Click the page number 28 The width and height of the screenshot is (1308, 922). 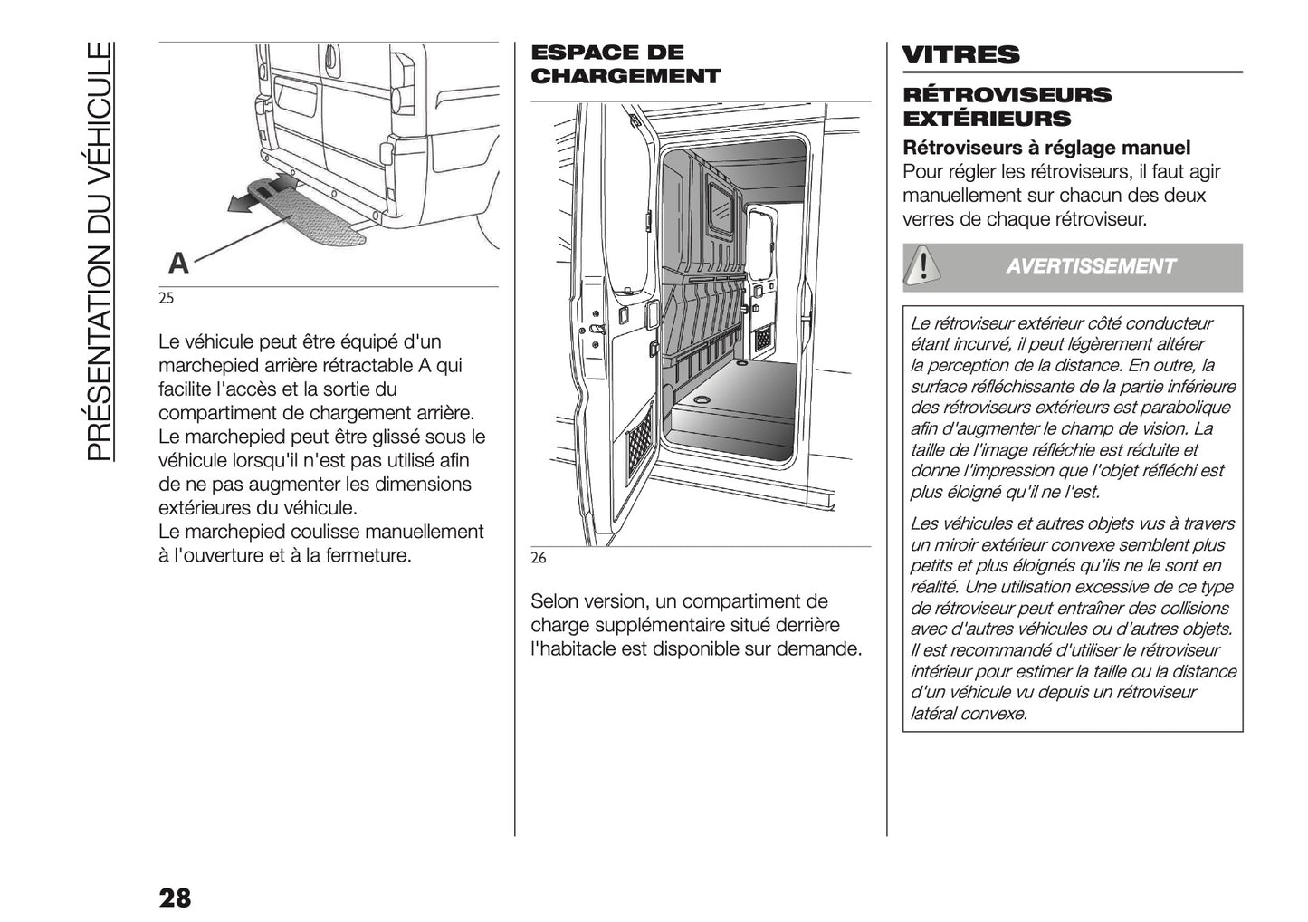point(175,898)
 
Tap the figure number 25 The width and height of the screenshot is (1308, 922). point(166,298)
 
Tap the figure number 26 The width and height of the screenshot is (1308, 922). point(538,558)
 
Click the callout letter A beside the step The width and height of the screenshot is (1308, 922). point(178,264)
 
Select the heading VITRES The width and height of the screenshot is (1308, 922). point(960,55)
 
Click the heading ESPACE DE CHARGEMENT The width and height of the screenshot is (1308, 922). point(625,64)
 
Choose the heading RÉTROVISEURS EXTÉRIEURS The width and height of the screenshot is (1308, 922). point(1007,107)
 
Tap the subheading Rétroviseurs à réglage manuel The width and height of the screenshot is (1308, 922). point(1046,148)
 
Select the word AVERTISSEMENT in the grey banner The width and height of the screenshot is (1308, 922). point(1090,266)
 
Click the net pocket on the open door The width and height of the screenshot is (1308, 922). point(641,443)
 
